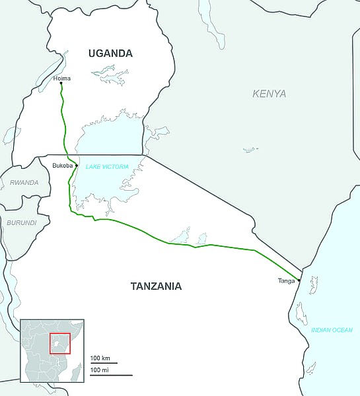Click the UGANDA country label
111,53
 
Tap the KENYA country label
270,94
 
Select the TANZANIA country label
156,286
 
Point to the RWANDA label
24,183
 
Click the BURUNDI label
22,223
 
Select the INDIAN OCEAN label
332,329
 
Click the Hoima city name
61,79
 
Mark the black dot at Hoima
61,84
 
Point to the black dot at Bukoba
77,165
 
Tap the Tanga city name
287,281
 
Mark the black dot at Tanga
299,280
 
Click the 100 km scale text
100,358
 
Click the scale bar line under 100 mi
111,375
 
